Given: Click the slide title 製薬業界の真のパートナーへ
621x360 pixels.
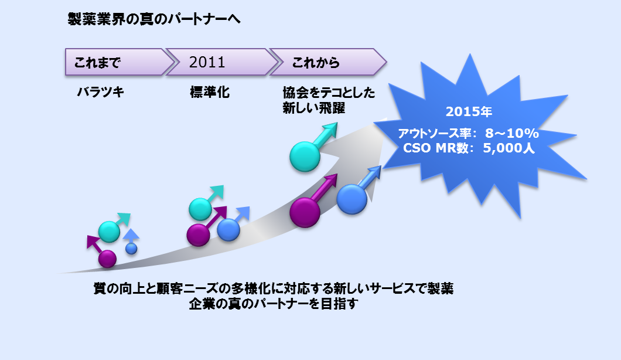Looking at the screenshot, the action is point(154,19).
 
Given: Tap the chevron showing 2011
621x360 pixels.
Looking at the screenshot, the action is point(222,62).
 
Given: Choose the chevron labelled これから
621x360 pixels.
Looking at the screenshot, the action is point(328,62).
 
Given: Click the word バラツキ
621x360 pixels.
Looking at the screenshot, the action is point(101,93).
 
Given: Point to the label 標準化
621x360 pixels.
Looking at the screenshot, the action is point(210,93).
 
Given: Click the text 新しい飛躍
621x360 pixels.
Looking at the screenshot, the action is point(313,108).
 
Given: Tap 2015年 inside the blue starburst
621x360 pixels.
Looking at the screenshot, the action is point(469,111).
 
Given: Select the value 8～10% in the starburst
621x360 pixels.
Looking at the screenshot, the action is point(511,133).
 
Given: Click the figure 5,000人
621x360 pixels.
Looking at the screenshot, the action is point(509,148).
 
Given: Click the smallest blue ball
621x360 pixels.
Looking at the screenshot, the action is point(131,249).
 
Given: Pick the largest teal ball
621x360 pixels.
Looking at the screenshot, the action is point(305,157).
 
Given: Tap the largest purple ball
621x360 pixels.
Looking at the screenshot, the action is point(305,213).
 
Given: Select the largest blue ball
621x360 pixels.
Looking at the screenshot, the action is point(352,199).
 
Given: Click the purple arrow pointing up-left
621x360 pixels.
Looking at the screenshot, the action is point(95,244).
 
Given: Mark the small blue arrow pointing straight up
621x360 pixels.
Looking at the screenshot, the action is point(131,236).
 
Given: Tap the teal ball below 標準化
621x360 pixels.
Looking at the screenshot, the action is point(200,209).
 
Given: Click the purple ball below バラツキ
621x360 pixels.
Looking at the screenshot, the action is point(107,259).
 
